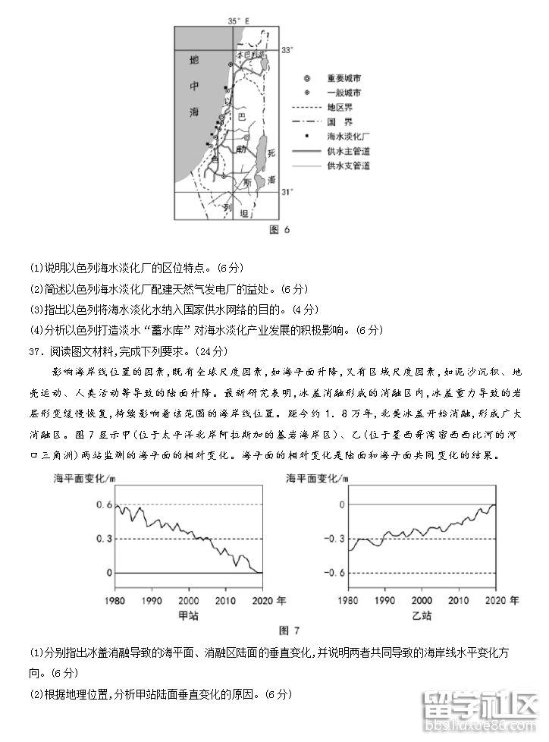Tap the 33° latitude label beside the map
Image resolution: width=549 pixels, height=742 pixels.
[x=287, y=50]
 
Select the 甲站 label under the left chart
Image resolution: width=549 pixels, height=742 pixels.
[x=188, y=615]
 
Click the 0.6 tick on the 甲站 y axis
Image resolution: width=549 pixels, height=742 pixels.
[x=103, y=505]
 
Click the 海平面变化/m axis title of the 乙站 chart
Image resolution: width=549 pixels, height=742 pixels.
[x=318, y=479]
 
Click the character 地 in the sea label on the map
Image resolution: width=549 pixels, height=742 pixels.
[x=194, y=58]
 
